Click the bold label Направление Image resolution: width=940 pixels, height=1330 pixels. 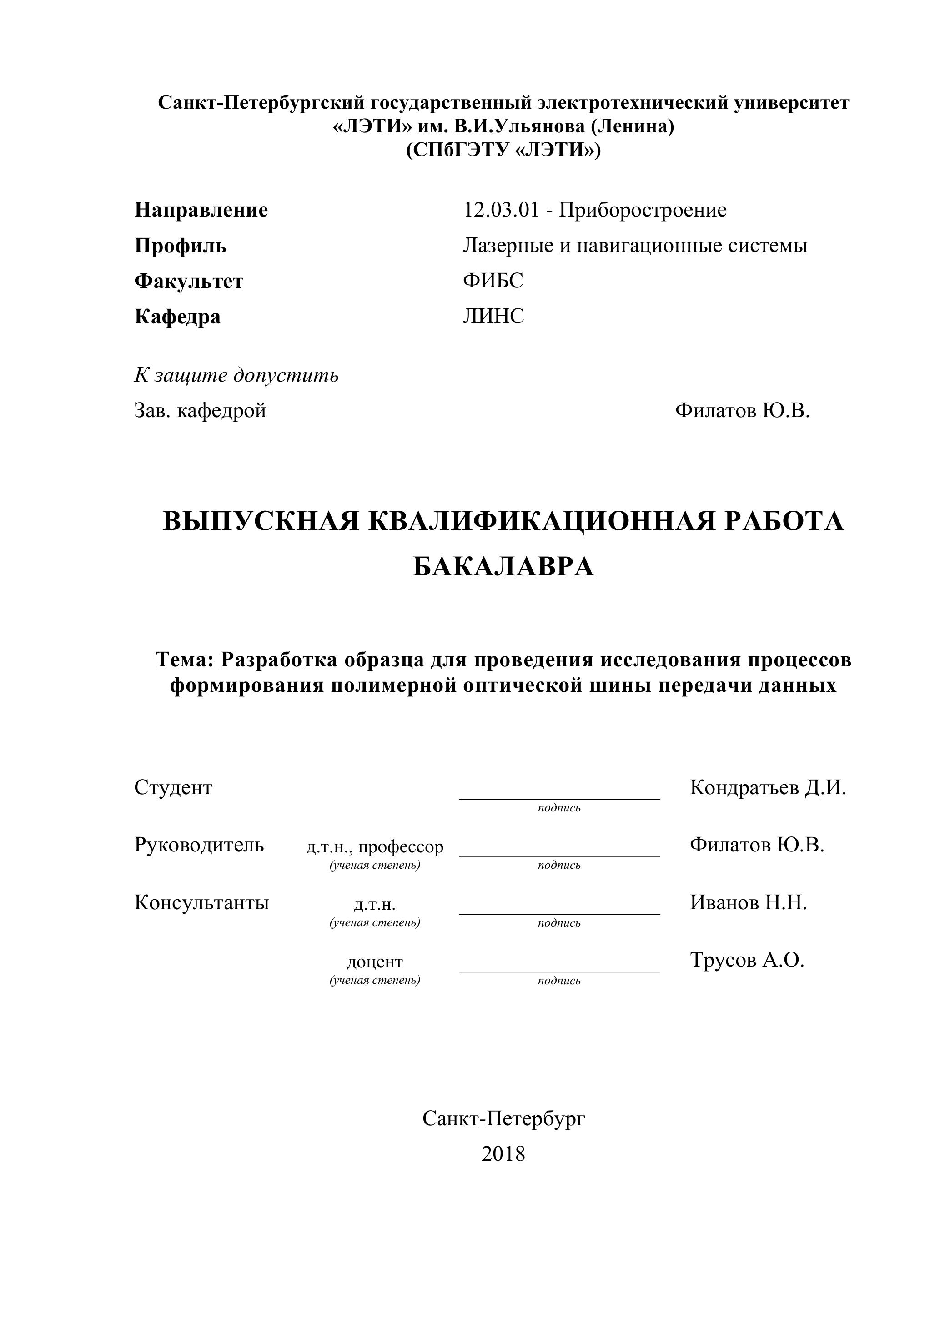tap(201, 210)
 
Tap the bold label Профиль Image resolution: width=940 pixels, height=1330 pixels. tap(180, 246)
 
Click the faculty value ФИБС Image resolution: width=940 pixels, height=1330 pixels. tap(493, 281)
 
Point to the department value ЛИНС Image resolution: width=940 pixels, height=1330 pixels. tap(493, 316)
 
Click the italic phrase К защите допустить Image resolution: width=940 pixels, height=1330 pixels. tap(236, 375)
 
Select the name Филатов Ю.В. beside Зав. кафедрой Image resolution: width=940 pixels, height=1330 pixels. tap(742, 411)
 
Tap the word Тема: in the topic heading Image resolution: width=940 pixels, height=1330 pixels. tap(186, 660)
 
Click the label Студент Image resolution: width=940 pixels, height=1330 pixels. tap(173, 788)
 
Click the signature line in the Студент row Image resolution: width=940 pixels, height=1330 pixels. tap(559, 798)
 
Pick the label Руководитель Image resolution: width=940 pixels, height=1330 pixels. tap(199, 845)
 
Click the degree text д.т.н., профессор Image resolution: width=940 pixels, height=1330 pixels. tap(375, 847)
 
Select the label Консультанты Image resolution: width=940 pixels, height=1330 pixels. tap(201, 902)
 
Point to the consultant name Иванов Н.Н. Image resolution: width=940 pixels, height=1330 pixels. tap(748, 902)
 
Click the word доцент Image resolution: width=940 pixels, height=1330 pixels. tap(375, 962)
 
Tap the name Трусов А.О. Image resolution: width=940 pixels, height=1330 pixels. tap(747, 960)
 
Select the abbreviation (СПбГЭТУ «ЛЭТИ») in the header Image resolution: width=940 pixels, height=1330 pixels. tap(503, 150)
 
